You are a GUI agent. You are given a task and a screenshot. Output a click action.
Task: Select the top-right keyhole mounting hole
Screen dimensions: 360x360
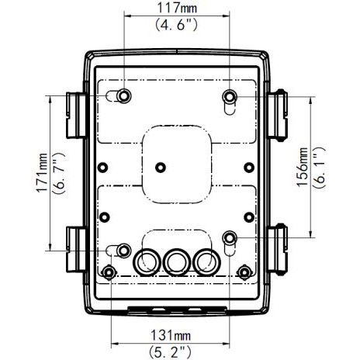[230, 96]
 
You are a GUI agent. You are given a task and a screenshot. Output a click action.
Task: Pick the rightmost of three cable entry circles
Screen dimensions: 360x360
[206, 261]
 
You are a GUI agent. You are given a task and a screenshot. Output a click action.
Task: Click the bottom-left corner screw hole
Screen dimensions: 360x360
[110, 271]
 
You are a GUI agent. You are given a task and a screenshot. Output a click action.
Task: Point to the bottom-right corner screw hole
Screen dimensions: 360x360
[244, 271]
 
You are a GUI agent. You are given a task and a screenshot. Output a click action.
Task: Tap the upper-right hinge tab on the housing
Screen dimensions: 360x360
[279, 110]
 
